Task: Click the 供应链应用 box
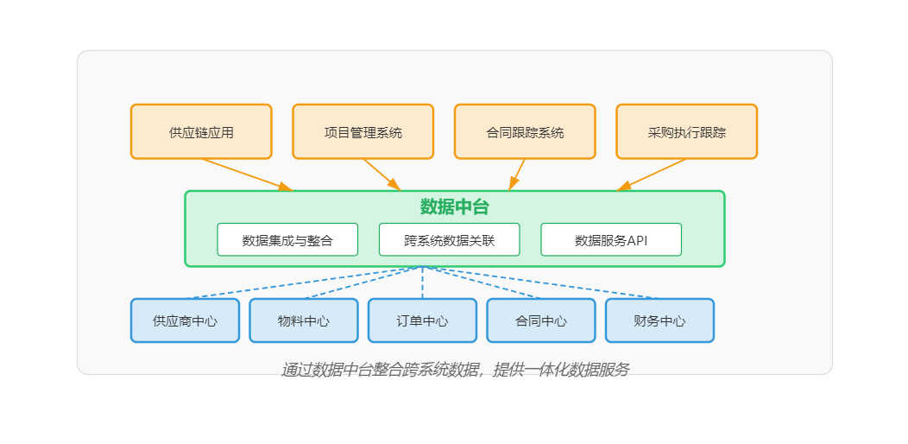coord(201,132)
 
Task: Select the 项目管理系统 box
coord(363,132)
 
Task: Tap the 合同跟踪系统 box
coord(525,132)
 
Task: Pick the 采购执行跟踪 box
coord(686,132)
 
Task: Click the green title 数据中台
coord(454,207)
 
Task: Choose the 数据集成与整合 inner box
coord(287,240)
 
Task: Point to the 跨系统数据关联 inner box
coord(449,240)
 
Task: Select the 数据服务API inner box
coord(611,240)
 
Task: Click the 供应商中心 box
coord(185,320)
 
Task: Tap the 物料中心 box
coord(304,320)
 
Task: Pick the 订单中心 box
coord(422,320)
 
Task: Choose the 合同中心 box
coord(541,320)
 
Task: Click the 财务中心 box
coord(659,320)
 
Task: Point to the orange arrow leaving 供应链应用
coord(246,174)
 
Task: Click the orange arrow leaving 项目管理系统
coord(381,174)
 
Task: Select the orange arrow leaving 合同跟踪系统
coord(518,174)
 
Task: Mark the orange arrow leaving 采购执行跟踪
coord(654,174)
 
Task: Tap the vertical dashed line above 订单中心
coord(422,283)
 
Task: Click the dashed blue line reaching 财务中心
coord(552,284)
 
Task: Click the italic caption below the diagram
coord(455,370)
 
